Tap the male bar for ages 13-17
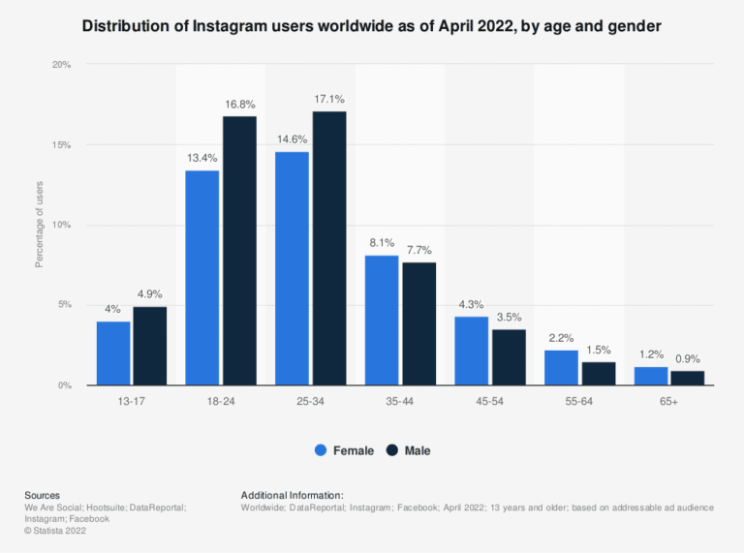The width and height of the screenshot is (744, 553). pos(149,346)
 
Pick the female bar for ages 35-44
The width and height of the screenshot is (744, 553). pos(381,320)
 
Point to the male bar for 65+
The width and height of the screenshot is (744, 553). pos(687,378)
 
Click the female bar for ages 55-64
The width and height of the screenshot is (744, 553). pos(561,367)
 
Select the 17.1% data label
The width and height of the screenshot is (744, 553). pos(329,99)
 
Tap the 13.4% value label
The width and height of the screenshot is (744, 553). pos(201,158)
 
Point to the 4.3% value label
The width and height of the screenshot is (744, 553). pos(472,304)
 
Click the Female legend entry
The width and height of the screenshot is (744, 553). pos(345,450)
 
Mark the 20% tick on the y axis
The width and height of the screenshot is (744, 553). pos(61,65)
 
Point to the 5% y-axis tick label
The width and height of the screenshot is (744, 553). pos(64,305)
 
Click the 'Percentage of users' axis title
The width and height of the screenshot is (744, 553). pos(40,225)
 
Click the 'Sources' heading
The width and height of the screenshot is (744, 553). pos(43,495)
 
